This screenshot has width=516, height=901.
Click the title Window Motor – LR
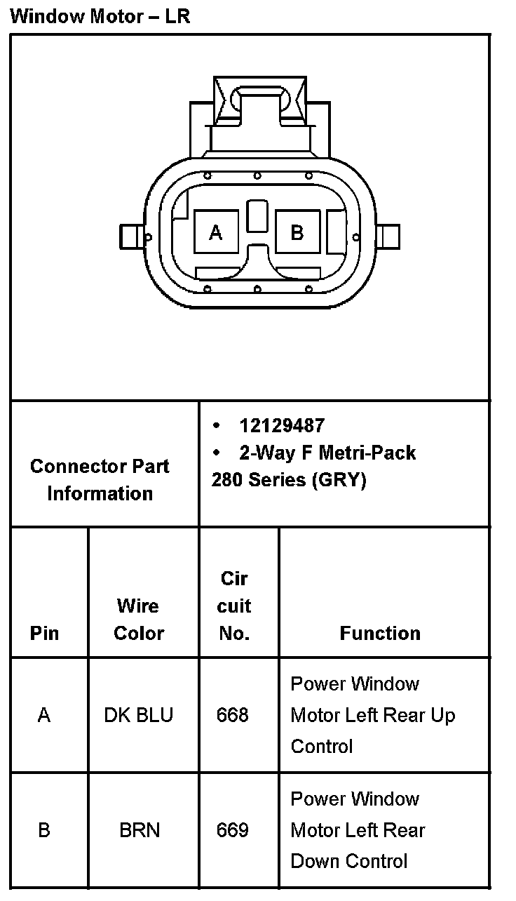coord(100,16)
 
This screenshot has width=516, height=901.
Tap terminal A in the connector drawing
coord(216,232)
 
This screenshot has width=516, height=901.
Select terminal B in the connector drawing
coord(297,232)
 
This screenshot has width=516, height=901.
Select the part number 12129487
coord(282,426)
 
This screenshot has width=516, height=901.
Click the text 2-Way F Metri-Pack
coord(327,453)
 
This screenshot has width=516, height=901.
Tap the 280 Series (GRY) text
coord(289,481)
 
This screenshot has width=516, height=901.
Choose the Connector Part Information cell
coord(100,480)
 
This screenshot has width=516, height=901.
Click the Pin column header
coord(44,633)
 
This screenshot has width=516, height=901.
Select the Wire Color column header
coord(139,619)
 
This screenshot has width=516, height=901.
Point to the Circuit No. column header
coord(235,606)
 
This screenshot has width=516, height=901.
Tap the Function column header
coord(380,633)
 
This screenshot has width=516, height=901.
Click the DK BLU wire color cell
coord(139,715)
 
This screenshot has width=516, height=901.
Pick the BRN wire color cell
coord(140,830)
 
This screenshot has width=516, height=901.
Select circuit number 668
coord(233,715)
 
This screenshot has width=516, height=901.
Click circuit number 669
coord(233,830)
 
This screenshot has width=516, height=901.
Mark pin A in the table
coord(44,715)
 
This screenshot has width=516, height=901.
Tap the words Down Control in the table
coord(348,861)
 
